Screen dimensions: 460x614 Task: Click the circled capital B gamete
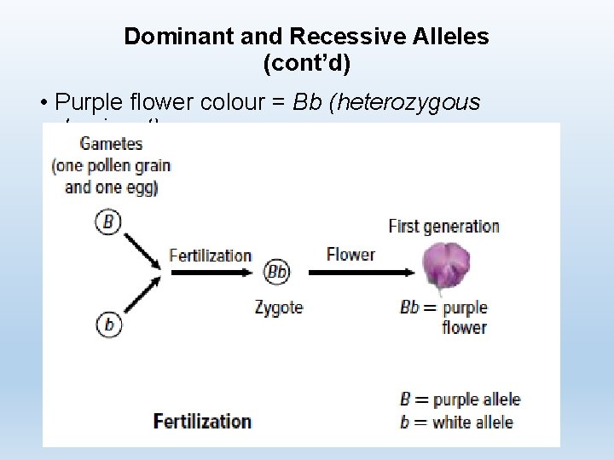point(108,222)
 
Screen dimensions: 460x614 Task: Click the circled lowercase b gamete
point(108,324)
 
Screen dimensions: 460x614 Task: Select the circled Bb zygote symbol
point(277,272)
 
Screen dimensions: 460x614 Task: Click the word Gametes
point(111,144)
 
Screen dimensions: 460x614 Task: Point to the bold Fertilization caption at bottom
point(202,421)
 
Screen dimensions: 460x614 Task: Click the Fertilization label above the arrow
point(210,255)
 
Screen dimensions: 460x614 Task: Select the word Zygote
point(278,307)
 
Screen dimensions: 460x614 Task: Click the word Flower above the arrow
point(350,254)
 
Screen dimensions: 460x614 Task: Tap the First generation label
point(443,226)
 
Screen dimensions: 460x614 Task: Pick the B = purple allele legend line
point(460,400)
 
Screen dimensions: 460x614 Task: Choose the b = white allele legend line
point(456,422)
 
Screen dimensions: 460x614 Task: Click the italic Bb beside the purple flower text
point(409,308)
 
